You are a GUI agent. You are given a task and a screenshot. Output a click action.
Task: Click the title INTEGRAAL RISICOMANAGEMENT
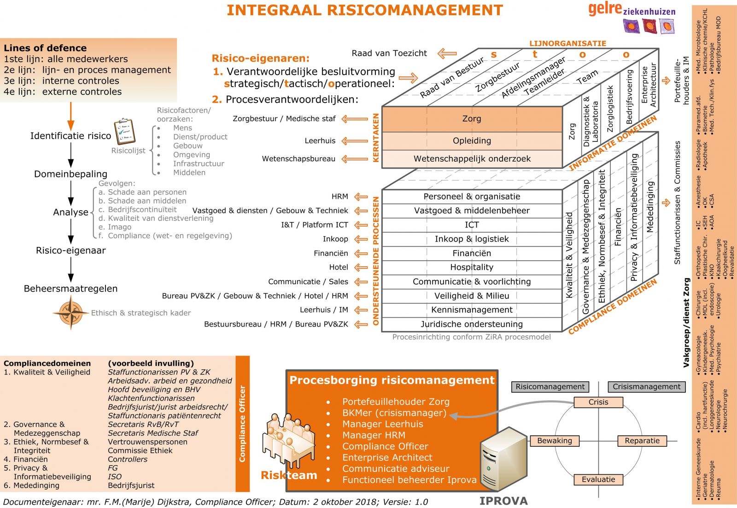[364, 10]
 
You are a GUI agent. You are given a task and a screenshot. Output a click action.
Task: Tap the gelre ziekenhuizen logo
[632, 17]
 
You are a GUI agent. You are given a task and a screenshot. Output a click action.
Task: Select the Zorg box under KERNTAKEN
[472, 119]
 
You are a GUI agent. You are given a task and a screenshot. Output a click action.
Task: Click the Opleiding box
[472, 141]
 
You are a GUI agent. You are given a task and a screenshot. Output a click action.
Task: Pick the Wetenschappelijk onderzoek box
[472, 159]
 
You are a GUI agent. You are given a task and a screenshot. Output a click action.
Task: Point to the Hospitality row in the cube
[472, 268]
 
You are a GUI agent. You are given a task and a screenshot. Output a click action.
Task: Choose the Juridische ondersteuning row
[472, 324]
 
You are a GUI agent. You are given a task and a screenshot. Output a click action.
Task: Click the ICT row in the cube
[472, 225]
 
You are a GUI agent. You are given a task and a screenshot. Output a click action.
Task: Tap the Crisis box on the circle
[598, 402]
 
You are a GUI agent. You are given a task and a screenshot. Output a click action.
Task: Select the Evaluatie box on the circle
[598, 479]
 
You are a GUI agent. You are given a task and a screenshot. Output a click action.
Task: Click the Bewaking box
[555, 441]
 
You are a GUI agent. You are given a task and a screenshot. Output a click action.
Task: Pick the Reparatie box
[642, 441]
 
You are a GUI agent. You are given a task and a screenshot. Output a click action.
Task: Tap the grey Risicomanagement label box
[550, 387]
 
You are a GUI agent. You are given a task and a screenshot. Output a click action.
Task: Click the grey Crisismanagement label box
[646, 387]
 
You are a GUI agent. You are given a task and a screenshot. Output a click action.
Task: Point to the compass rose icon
[70, 312]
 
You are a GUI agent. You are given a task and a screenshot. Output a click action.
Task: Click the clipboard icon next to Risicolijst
[124, 132]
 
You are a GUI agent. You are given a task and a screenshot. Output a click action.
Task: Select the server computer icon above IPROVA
[503, 461]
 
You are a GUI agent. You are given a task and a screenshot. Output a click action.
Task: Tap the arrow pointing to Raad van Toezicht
[446, 54]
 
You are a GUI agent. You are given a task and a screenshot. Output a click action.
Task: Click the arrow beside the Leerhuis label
[355, 141]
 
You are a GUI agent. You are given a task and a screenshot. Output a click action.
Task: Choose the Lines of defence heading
[45, 48]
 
